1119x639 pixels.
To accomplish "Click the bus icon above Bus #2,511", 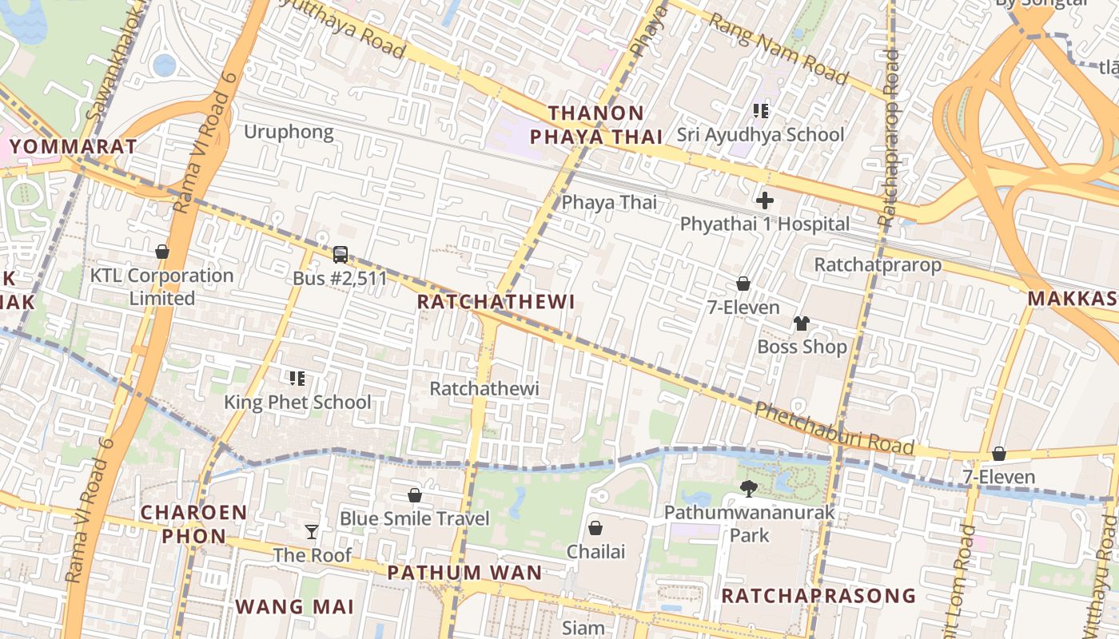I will click(x=340, y=255).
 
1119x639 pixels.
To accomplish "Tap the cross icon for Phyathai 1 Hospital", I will click(x=765, y=200).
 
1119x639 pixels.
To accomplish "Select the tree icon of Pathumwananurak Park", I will click(x=749, y=488).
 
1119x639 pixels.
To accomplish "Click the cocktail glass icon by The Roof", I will click(x=312, y=531).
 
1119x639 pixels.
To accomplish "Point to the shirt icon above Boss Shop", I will click(x=802, y=323).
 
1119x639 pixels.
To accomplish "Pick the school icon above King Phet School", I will click(x=297, y=378).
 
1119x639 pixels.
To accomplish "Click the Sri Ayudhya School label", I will click(x=760, y=134).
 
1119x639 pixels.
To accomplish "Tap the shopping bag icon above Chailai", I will click(x=595, y=528).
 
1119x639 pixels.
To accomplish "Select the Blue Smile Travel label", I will click(x=414, y=518).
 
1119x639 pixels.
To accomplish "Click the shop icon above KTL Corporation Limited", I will click(x=162, y=252).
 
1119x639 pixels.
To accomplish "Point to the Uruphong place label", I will click(x=289, y=132).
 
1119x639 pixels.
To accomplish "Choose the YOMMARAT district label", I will click(x=74, y=147).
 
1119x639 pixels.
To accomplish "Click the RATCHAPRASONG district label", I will click(x=818, y=596).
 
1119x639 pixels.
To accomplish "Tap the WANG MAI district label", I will click(x=294, y=606).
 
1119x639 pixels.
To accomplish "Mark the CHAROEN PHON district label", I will click(x=194, y=523).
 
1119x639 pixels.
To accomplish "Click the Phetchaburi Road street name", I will click(x=834, y=429).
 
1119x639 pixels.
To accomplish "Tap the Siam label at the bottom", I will click(x=583, y=628).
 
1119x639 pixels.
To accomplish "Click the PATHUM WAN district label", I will click(x=464, y=573).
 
